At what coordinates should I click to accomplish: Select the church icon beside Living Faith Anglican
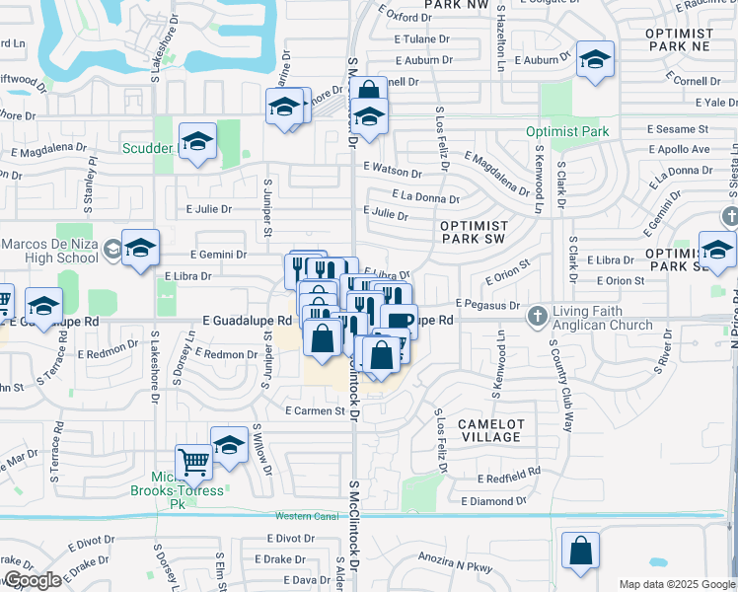[x=537, y=317]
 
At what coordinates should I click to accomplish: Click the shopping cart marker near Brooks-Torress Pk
[x=193, y=462]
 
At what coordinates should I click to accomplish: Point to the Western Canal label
[x=308, y=516]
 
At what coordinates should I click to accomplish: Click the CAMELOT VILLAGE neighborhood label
[x=490, y=429]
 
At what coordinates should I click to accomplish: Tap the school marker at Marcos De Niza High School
[x=140, y=249]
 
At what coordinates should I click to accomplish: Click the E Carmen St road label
[x=313, y=410]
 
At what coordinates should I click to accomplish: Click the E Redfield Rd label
[x=508, y=479]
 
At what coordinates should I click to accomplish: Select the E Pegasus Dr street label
[x=487, y=305]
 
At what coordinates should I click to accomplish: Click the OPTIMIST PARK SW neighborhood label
[x=473, y=232]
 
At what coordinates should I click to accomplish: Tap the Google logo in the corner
[x=33, y=580]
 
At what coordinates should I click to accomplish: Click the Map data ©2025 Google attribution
[x=677, y=584]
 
